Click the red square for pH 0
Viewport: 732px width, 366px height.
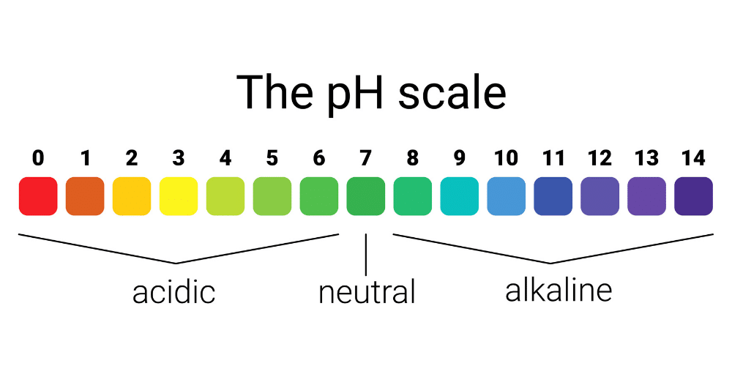coord(38,196)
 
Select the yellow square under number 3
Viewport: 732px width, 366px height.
coord(179,196)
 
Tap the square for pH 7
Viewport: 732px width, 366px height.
coord(366,196)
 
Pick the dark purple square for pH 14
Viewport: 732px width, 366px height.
coord(694,196)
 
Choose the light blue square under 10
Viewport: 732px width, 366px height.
coord(507,196)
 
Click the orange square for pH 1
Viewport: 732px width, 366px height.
coord(85,196)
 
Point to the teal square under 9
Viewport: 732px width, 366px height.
coord(460,196)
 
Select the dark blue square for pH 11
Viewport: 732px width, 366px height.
coord(553,196)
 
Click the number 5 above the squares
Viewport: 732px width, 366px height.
coord(272,159)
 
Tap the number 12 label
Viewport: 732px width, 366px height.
coord(600,159)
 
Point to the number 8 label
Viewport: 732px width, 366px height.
coord(413,159)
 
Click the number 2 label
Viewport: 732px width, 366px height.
coord(132,159)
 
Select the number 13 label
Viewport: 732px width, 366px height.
coord(646,159)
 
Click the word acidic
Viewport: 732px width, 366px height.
coord(173,291)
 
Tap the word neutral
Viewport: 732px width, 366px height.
coord(367,292)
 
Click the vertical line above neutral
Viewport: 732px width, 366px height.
coord(366,255)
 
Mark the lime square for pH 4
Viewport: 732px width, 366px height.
coord(225,196)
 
